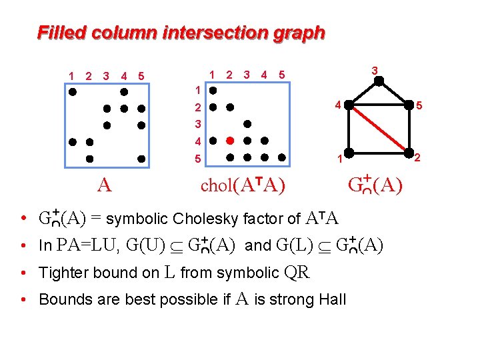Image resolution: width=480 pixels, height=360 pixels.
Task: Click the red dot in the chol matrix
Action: pyautogui.click(x=230, y=141)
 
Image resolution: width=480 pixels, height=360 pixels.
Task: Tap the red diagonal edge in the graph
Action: pyautogui.click(x=378, y=130)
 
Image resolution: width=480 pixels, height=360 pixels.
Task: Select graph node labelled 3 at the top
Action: pyautogui.click(x=378, y=81)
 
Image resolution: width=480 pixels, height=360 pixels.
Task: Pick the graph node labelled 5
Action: pyautogui.click(x=408, y=105)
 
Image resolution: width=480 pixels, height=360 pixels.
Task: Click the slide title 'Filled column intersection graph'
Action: pyautogui.click(x=181, y=32)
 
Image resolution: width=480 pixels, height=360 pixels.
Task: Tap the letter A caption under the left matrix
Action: pyautogui.click(x=103, y=185)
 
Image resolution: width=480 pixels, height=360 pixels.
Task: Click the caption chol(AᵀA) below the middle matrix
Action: pyautogui.click(x=243, y=185)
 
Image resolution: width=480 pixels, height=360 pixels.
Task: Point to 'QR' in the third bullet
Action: pyautogui.click(x=297, y=272)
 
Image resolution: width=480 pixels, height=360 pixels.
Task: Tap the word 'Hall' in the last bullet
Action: pyautogui.click(x=333, y=299)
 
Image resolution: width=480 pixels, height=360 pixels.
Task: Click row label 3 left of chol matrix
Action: pyautogui.click(x=197, y=124)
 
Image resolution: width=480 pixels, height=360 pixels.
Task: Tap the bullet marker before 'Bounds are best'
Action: pyautogui.click(x=23, y=299)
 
